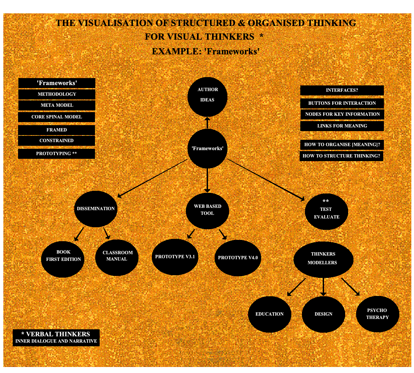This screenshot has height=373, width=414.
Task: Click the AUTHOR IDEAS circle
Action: [x=207, y=97]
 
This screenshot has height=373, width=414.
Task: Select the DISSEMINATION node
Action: [x=96, y=209]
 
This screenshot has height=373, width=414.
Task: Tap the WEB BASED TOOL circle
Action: [x=207, y=211]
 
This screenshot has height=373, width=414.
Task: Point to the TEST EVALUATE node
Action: [x=326, y=212]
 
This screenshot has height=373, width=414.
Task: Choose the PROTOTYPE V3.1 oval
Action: [x=175, y=257]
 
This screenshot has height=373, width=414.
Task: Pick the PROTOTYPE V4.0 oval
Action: [x=238, y=258]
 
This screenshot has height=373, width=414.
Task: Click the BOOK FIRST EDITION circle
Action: [x=63, y=259]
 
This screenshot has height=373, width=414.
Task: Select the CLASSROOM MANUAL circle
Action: [x=117, y=258]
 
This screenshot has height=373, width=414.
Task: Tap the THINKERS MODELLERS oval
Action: [x=323, y=260]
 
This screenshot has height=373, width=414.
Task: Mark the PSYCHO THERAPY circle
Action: [x=378, y=314]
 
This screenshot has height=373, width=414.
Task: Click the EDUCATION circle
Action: [x=270, y=314]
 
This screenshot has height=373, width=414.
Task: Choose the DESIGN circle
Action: [x=323, y=314]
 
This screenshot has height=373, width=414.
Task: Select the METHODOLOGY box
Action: [x=57, y=94]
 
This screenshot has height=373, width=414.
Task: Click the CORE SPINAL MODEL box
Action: [x=57, y=117]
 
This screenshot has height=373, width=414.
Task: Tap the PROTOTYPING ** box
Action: [x=57, y=154]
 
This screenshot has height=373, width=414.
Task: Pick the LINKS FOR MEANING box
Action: [x=342, y=126]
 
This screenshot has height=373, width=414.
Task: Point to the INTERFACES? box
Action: [x=342, y=90]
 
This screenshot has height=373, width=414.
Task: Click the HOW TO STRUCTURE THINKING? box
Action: [x=341, y=156]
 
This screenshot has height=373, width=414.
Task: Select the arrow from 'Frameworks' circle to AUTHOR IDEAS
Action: [x=207, y=123]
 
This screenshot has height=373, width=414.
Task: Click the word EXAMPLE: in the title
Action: [x=177, y=51]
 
